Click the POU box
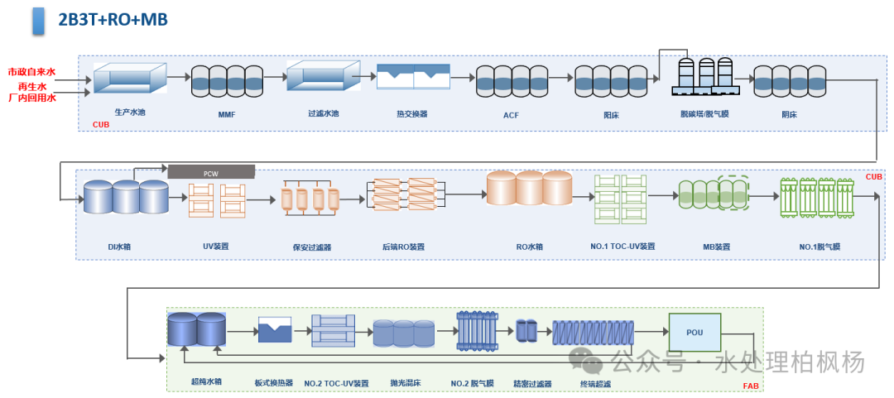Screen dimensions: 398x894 pyautogui.click(x=695, y=332)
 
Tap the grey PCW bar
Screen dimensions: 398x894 pyautogui.click(x=211, y=172)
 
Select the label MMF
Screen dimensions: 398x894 pyautogui.click(x=227, y=115)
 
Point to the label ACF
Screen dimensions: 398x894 pyautogui.click(x=511, y=115)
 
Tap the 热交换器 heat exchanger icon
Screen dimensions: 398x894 pyautogui.click(x=413, y=77)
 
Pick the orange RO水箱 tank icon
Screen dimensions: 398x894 pyautogui.click(x=529, y=189)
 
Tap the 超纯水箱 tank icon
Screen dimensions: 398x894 pyautogui.click(x=196, y=329)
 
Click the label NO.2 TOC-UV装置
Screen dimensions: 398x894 pyautogui.click(x=336, y=383)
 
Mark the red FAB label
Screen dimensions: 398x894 pyautogui.click(x=750, y=386)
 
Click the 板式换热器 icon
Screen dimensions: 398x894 pyautogui.click(x=274, y=330)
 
